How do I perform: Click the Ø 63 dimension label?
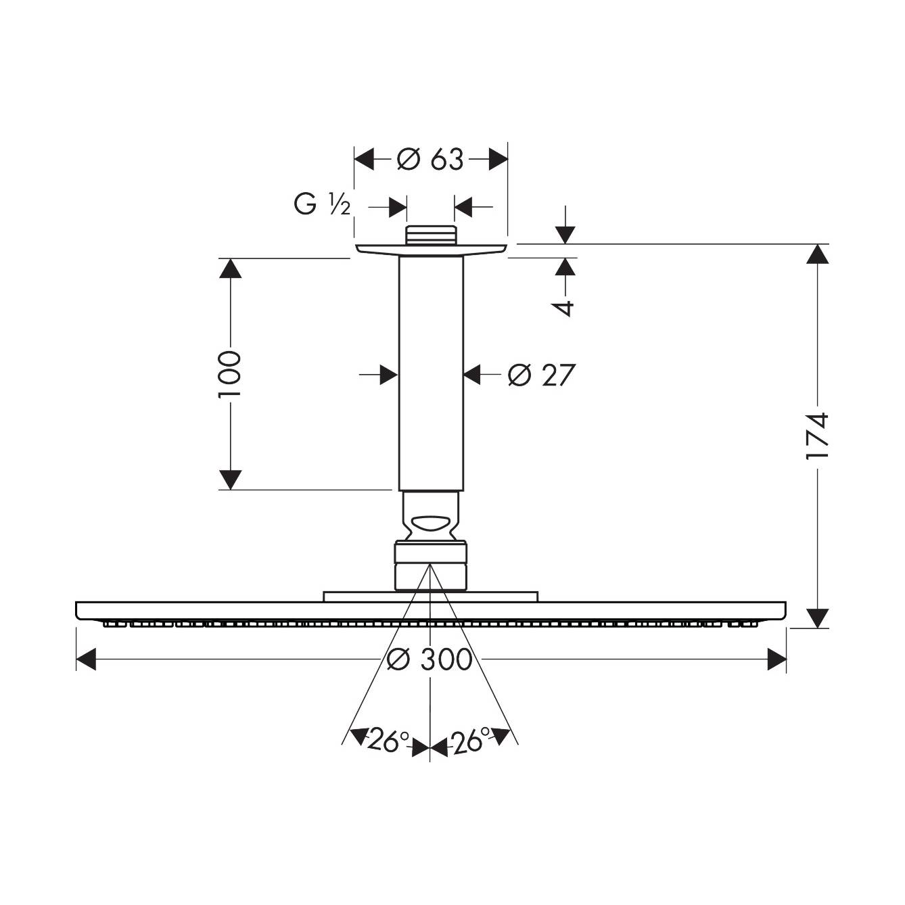click(x=430, y=159)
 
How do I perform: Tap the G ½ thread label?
click(x=322, y=204)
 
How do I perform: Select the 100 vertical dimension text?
click(x=230, y=374)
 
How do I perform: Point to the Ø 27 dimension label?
click(x=542, y=375)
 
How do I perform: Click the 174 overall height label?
click(x=817, y=436)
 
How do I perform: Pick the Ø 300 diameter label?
click(x=430, y=659)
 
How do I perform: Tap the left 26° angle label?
click(x=388, y=740)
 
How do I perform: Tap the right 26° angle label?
click(x=471, y=740)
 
